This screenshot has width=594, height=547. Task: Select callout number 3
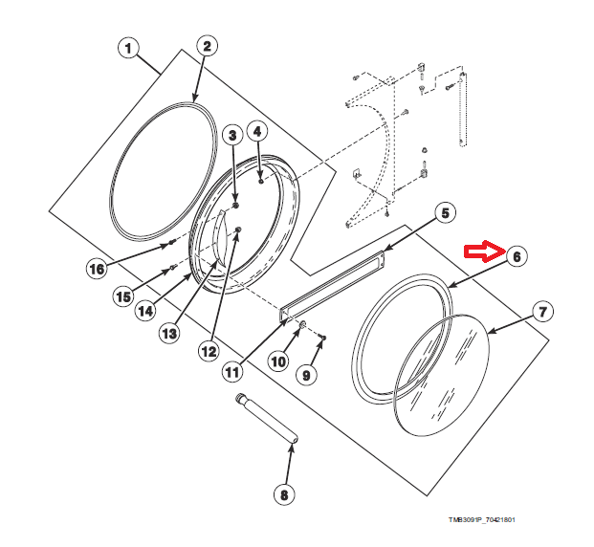click(231, 137)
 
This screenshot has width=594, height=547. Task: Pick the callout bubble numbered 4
click(258, 130)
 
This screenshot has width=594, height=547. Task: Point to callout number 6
click(517, 256)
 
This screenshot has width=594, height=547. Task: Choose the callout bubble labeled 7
click(541, 312)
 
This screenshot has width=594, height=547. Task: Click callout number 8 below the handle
click(283, 494)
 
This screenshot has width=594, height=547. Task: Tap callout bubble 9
click(306, 376)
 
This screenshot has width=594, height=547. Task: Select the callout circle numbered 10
click(276, 362)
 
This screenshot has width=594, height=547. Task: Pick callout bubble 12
click(209, 351)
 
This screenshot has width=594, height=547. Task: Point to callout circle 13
click(169, 333)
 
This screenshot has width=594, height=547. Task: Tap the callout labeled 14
click(143, 311)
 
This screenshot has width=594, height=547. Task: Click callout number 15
click(123, 296)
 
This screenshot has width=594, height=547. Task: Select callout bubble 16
click(97, 269)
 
